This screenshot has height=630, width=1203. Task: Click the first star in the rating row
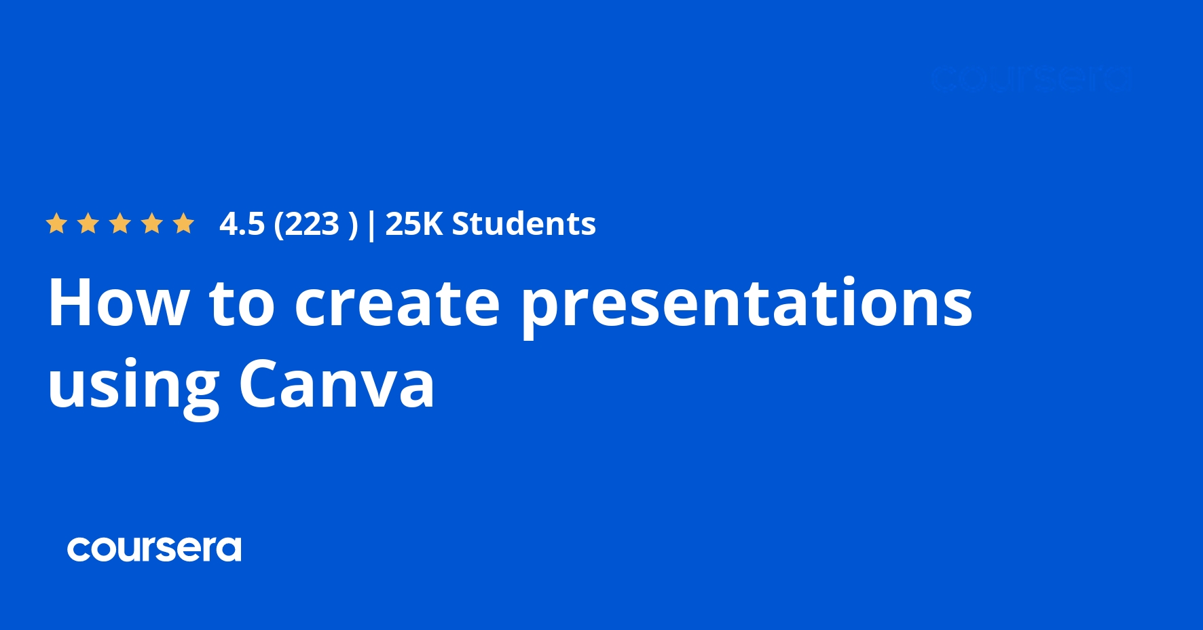tap(56, 223)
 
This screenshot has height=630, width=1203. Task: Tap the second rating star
tap(88, 223)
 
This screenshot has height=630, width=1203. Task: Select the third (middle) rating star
tap(120, 223)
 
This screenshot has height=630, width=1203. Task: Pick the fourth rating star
tap(152, 223)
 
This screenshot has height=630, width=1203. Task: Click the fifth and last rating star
tap(183, 223)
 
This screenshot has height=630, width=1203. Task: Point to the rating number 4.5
tap(242, 224)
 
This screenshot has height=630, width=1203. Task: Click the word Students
tap(524, 224)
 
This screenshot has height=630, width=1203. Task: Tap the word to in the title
tap(242, 304)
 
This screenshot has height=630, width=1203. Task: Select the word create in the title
tap(397, 304)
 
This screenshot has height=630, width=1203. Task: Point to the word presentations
tap(747, 305)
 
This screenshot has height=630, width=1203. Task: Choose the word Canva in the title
tap(337, 384)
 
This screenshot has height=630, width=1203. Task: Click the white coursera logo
tap(154, 549)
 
